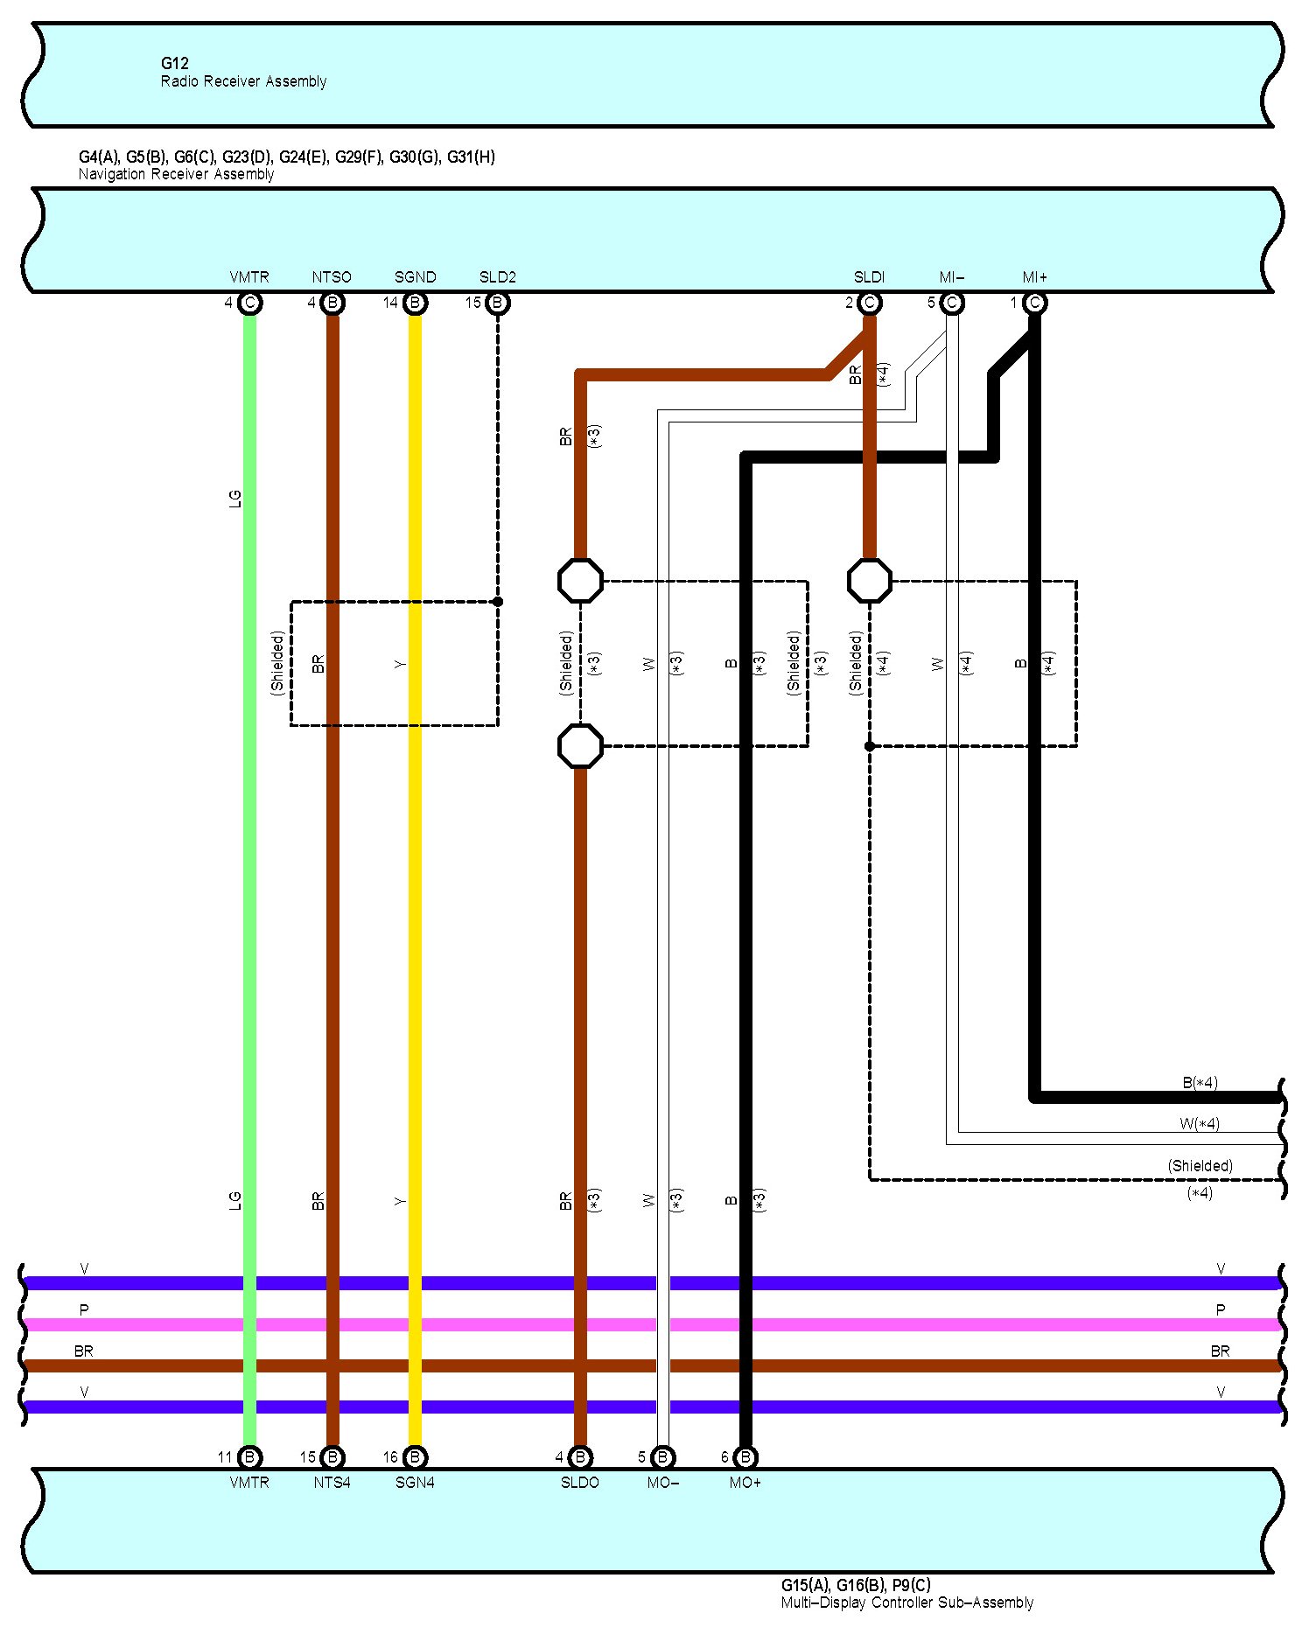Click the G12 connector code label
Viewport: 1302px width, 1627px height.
[x=174, y=63]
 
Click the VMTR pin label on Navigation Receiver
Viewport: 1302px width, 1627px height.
[x=249, y=277]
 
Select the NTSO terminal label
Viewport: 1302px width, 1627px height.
[x=332, y=277]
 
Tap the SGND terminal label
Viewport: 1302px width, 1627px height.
[x=415, y=277]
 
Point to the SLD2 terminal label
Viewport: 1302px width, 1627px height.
[x=498, y=277]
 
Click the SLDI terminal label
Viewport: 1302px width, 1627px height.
[x=869, y=277]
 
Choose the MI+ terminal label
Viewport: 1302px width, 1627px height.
[x=1034, y=277]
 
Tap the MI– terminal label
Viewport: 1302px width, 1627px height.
[x=951, y=277]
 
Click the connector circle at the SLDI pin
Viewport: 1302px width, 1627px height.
[x=869, y=303]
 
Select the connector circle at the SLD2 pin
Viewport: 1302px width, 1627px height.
[x=498, y=303]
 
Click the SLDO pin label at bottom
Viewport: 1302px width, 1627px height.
[x=579, y=1483]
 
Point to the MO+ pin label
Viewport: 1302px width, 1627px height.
[x=745, y=1483]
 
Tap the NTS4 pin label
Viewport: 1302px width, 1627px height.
[x=332, y=1483]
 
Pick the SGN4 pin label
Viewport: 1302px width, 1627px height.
[x=415, y=1483]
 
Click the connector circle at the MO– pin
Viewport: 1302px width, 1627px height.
[x=663, y=1457]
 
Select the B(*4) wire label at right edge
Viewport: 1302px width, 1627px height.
[x=1200, y=1083]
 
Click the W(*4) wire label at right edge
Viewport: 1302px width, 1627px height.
[x=1200, y=1124]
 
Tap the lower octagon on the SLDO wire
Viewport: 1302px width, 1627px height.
[x=580, y=746]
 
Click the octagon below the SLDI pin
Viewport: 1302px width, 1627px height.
[x=870, y=581]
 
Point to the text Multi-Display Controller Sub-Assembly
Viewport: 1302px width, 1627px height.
[x=906, y=1603]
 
